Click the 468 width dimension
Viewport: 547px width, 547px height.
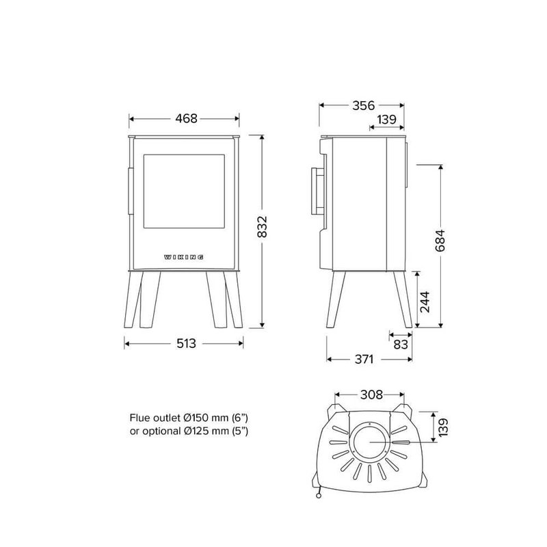coord(185,118)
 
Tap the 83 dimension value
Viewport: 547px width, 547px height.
coord(401,344)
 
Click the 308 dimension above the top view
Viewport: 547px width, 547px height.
coord(370,395)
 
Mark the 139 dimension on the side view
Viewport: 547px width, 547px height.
coord(386,120)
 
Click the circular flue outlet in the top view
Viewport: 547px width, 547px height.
coord(369,443)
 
